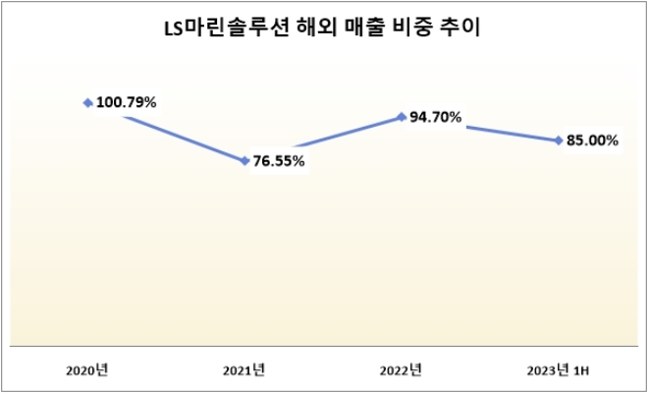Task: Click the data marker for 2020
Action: click(88, 101)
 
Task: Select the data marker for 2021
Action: click(244, 160)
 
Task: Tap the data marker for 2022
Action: click(402, 116)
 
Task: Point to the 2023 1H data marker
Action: click(559, 140)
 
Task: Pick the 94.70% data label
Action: click(436, 117)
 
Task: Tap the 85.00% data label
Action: click(593, 140)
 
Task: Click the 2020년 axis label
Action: click(87, 370)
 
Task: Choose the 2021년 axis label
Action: click(244, 370)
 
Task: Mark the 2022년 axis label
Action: click(401, 370)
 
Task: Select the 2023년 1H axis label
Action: click(558, 370)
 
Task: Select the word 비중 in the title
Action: click(414, 29)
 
